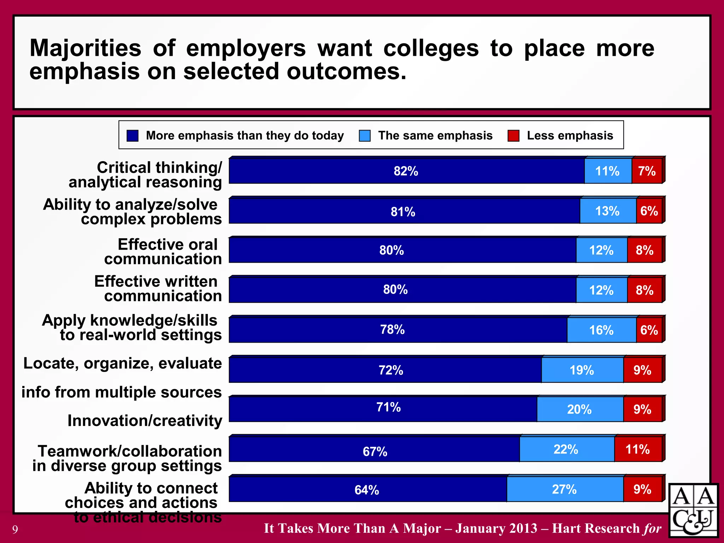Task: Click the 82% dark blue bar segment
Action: [x=407, y=171]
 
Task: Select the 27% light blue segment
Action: [x=565, y=490]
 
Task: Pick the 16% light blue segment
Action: [x=601, y=330]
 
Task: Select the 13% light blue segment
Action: [x=607, y=211]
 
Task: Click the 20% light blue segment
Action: [x=579, y=409]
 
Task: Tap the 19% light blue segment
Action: [x=582, y=370]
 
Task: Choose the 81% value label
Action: [x=403, y=212]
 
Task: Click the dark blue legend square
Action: [x=133, y=136]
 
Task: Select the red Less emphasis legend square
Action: [x=513, y=136]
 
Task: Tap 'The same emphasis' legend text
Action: [x=435, y=135]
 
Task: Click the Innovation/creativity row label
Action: [x=145, y=421]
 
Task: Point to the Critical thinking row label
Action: [x=145, y=175]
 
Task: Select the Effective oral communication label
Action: [x=163, y=251]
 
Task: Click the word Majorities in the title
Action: [x=86, y=48]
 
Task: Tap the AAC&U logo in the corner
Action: [x=693, y=510]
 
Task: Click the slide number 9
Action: [x=15, y=529]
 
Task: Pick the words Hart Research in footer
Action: [x=596, y=528]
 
